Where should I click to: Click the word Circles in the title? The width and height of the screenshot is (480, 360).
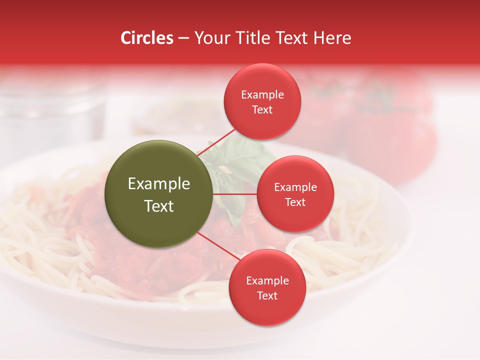tap(147, 38)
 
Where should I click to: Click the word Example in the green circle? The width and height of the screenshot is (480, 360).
tap(159, 184)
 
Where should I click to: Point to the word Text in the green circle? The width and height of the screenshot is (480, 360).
tap(159, 206)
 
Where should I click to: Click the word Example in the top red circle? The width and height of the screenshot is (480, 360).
tap(262, 95)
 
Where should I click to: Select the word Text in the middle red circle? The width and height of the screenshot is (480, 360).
tap(295, 202)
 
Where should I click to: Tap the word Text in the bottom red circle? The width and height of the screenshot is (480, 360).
tap(267, 296)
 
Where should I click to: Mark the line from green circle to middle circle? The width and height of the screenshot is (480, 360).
tap(235, 194)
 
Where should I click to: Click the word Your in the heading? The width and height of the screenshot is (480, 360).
tap(211, 38)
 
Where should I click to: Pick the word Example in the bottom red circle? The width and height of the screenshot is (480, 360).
tap(267, 281)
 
